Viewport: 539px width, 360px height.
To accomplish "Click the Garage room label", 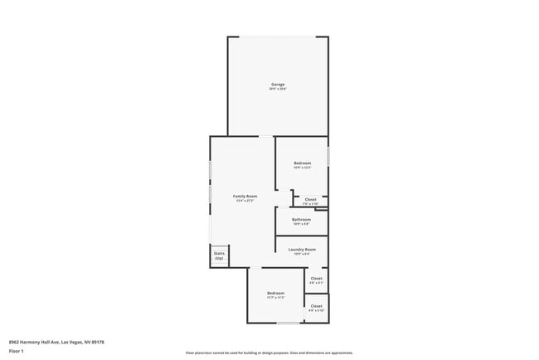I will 278,85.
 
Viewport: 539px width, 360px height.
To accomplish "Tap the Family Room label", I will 245,196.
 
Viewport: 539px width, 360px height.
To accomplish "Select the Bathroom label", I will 301,219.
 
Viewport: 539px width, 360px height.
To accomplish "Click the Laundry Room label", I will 302,250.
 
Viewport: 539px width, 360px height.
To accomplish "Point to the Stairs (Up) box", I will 219,255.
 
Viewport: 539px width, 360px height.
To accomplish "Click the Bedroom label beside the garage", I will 303,163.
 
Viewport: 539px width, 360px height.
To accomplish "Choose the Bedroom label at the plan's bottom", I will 275,293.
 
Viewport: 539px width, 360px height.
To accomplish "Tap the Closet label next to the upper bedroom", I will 310,199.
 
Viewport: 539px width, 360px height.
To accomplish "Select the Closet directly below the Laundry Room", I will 316,279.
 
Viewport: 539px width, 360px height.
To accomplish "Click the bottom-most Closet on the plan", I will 316,306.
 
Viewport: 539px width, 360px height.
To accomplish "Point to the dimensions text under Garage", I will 278,90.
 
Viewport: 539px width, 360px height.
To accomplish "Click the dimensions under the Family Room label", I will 245,201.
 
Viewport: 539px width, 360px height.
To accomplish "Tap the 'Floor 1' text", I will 17,351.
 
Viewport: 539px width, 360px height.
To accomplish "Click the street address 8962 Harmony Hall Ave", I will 56,341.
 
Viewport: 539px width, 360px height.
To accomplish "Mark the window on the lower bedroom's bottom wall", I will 288,324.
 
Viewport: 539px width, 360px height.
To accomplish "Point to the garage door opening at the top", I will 278,36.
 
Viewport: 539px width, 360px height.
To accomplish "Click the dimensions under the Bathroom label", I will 301,224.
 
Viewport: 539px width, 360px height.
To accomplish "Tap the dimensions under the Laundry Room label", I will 302,255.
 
